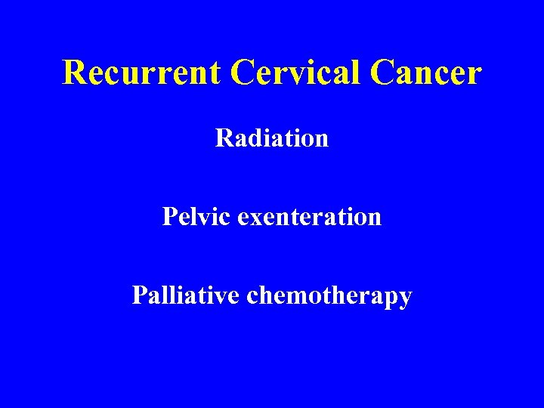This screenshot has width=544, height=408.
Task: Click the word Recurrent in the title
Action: coord(142,73)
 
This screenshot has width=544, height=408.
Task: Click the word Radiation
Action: coord(272,138)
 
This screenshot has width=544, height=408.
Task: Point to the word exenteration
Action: coord(309,217)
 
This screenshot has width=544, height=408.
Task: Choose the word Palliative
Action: coord(186,295)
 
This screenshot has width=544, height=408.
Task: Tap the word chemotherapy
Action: coord(329,296)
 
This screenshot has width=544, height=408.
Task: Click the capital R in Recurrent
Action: coord(74,73)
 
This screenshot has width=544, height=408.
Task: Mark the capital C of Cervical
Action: coord(245,73)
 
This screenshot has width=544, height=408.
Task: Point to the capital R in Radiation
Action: coord(223,138)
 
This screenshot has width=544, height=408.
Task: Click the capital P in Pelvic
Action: coord(169,217)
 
